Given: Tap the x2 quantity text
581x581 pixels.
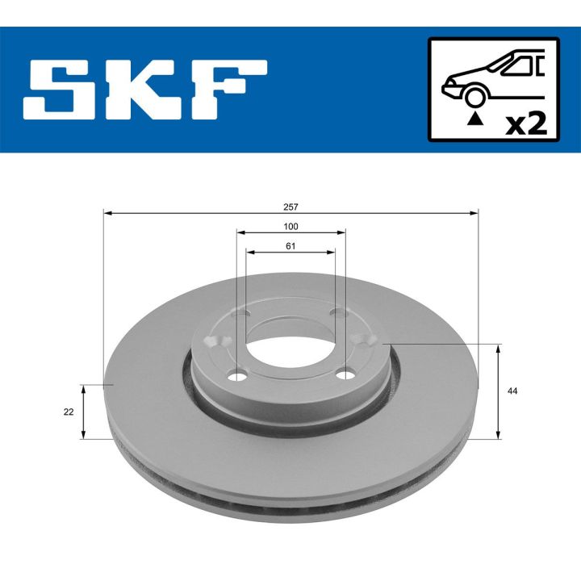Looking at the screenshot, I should click(525, 123).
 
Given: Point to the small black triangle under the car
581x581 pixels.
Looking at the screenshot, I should click(475, 120).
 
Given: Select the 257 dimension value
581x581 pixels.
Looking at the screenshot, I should click(291, 207).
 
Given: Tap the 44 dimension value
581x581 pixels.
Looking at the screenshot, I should click(512, 391).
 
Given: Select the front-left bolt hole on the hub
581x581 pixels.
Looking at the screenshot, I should click(237, 376).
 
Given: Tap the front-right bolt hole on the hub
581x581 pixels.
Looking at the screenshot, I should click(345, 373).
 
